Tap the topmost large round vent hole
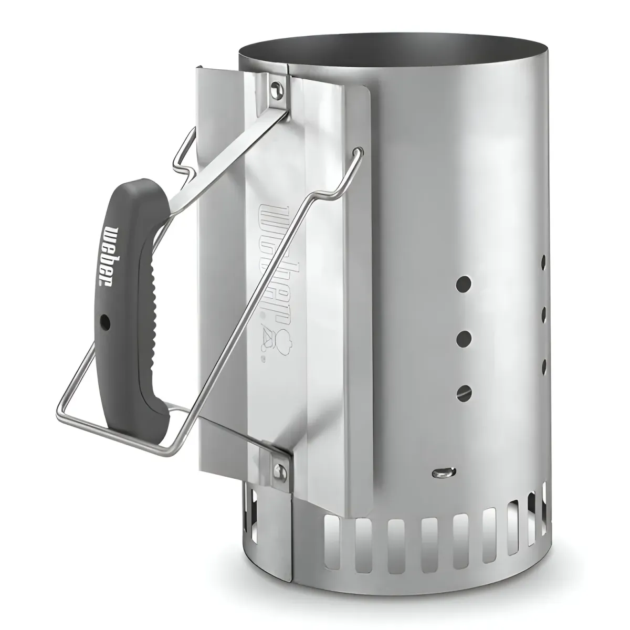[x=464, y=281]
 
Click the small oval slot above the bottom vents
[x=444, y=472]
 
